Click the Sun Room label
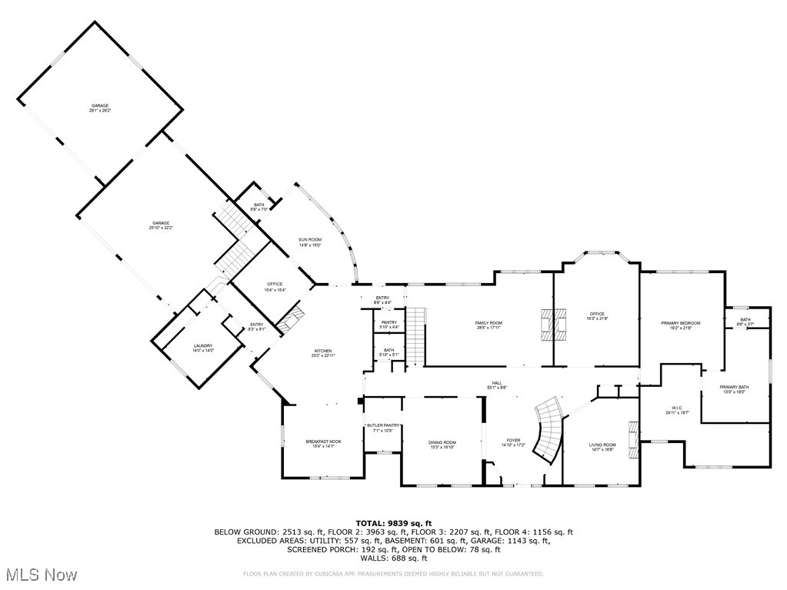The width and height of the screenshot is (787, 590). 310,242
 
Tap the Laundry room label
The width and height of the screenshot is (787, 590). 202,348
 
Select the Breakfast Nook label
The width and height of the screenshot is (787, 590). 323,443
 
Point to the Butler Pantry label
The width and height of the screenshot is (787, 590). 383,428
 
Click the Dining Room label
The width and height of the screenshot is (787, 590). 442,444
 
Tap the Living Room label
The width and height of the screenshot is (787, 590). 602,446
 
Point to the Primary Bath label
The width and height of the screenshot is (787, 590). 734,388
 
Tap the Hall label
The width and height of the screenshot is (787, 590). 497,385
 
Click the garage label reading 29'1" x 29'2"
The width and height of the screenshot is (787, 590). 100,108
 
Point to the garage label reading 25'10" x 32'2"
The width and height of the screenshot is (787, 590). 160,225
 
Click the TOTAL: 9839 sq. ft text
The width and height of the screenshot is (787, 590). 393,523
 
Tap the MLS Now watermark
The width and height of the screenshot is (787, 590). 40,575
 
